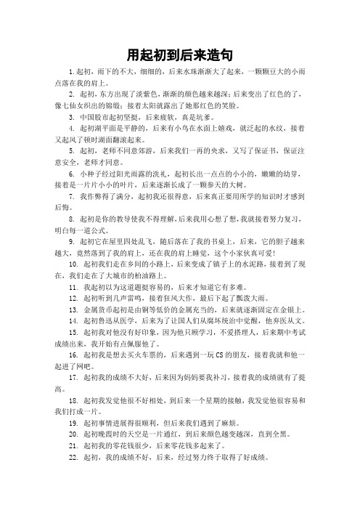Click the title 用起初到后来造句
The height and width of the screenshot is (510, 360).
coord(179,54)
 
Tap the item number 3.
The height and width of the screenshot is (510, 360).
coord(70,116)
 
